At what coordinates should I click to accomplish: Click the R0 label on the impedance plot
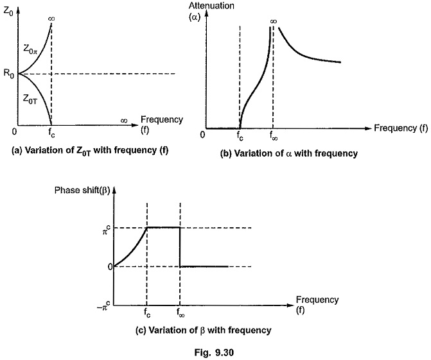(8, 74)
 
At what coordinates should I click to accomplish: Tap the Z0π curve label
(30, 49)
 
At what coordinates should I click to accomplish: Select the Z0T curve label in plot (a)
(30, 99)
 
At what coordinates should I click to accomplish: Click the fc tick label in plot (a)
(51, 133)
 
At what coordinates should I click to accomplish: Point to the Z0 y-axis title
(8, 12)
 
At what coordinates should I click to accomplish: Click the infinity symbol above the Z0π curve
(51, 19)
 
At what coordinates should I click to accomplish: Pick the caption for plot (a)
(90, 151)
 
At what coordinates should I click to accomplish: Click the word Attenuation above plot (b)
(211, 6)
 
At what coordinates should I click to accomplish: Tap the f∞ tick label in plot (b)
(273, 136)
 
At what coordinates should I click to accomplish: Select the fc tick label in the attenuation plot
(240, 136)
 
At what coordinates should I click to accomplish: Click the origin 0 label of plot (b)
(202, 135)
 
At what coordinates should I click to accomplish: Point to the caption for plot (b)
(289, 153)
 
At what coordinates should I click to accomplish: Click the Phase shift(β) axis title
(82, 191)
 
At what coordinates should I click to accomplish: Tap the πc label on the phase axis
(107, 230)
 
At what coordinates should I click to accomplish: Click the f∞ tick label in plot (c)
(180, 313)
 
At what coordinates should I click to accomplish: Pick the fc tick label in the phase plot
(147, 313)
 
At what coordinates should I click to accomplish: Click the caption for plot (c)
(204, 330)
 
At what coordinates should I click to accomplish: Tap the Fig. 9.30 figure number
(214, 352)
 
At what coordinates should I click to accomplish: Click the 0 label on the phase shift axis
(110, 267)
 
